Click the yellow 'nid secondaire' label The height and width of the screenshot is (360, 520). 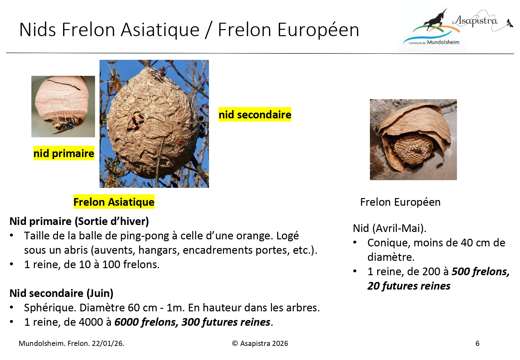pyautogui.click(x=255, y=115)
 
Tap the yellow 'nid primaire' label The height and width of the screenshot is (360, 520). pyautogui.click(x=64, y=153)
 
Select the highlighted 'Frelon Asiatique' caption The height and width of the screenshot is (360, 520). pyautogui.click(x=114, y=202)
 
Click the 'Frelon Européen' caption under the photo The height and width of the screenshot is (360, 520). pyautogui.click(x=400, y=202)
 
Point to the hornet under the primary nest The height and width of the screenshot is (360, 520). pyautogui.click(x=66, y=124)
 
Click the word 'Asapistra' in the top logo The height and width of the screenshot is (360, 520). pyautogui.click(x=475, y=21)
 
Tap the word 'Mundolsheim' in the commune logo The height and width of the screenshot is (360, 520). pyautogui.click(x=443, y=42)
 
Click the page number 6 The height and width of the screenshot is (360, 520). pyautogui.click(x=477, y=343)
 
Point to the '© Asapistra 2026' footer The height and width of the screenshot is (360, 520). pyautogui.click(x=260, y=343)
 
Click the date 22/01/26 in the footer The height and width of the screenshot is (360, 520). pyautogui.click(x=108, y=343)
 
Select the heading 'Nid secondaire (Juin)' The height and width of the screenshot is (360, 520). pyautogui.click(x=61, y=293)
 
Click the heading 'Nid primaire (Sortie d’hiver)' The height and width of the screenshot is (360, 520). pyautogui.click(x=79, y=221)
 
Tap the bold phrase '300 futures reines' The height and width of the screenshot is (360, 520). pyautogui.click(x=226, y=322)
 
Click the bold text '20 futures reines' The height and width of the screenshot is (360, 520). pyautogui.click(x=409, y=286)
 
